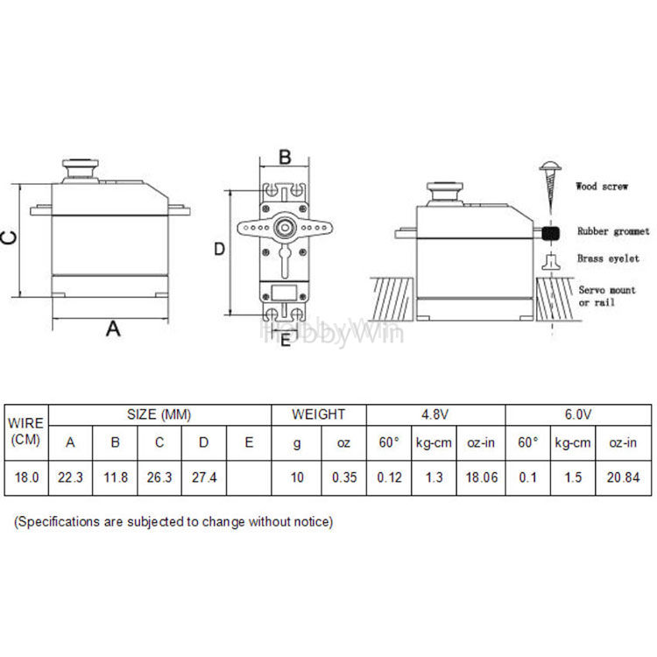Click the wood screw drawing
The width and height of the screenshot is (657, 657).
click(x=550, y=185)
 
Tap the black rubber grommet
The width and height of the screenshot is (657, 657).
click(x=551, y=233)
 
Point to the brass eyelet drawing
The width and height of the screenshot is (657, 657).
click(x=551, y=262)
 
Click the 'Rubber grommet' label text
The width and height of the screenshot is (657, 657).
click(x=613, y=231)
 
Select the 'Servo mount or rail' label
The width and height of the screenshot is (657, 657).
click(x=607, y=296)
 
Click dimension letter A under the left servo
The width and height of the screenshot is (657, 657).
click(x=113, y=328)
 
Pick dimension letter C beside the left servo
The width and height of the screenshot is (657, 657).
click(x=9, y=237)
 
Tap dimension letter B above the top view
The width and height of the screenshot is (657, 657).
click(x=285, y=158)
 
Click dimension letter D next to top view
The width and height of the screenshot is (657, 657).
click(x=220, y=249)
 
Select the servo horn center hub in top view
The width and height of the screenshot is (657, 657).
click(x=285, y=228)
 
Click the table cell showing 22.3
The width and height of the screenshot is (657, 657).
click(x=70, y=477)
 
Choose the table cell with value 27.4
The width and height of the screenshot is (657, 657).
click(x=204, y=477)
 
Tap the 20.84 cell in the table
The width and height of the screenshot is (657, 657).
click(x=623, y=477)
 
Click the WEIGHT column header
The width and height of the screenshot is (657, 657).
click(x=319, y=414)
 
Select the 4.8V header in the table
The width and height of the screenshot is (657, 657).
click(x=435, y=414)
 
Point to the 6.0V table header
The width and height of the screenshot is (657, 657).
click(x=578, y=414)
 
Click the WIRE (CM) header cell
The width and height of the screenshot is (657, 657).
click(x=26, y=432)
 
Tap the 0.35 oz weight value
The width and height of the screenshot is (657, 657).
click(x=344, y=477)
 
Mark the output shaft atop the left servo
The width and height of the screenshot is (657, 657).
click(x=81, y=170)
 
